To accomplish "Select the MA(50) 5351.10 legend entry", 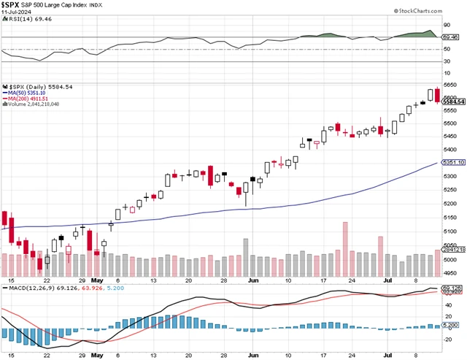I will coord(28,93).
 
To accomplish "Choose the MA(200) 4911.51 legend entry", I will coord(30,99).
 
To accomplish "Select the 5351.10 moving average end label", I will coord(453,163).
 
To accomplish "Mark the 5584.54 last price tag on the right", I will coord(453,101).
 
